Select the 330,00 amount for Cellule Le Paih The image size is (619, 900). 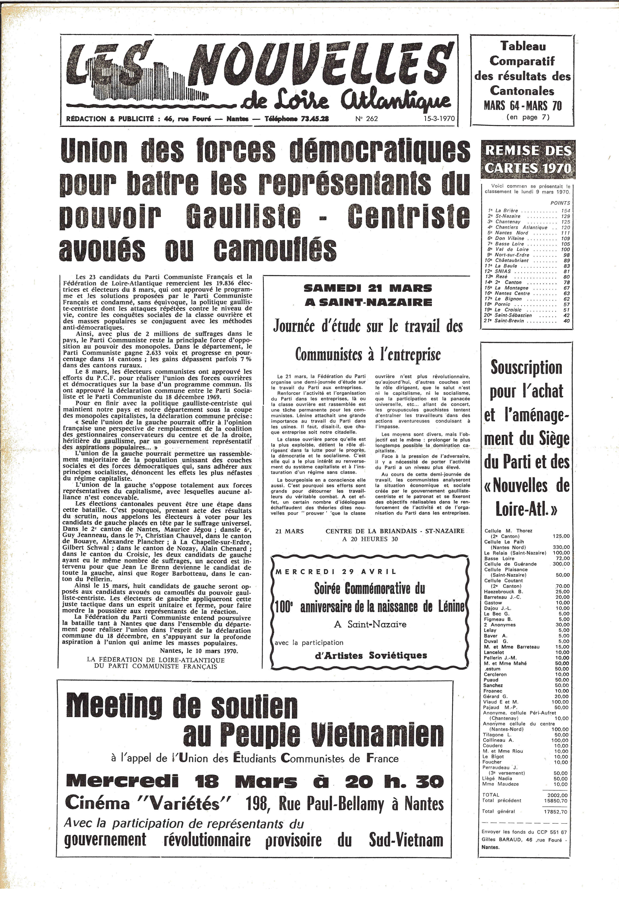coord(561,547)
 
